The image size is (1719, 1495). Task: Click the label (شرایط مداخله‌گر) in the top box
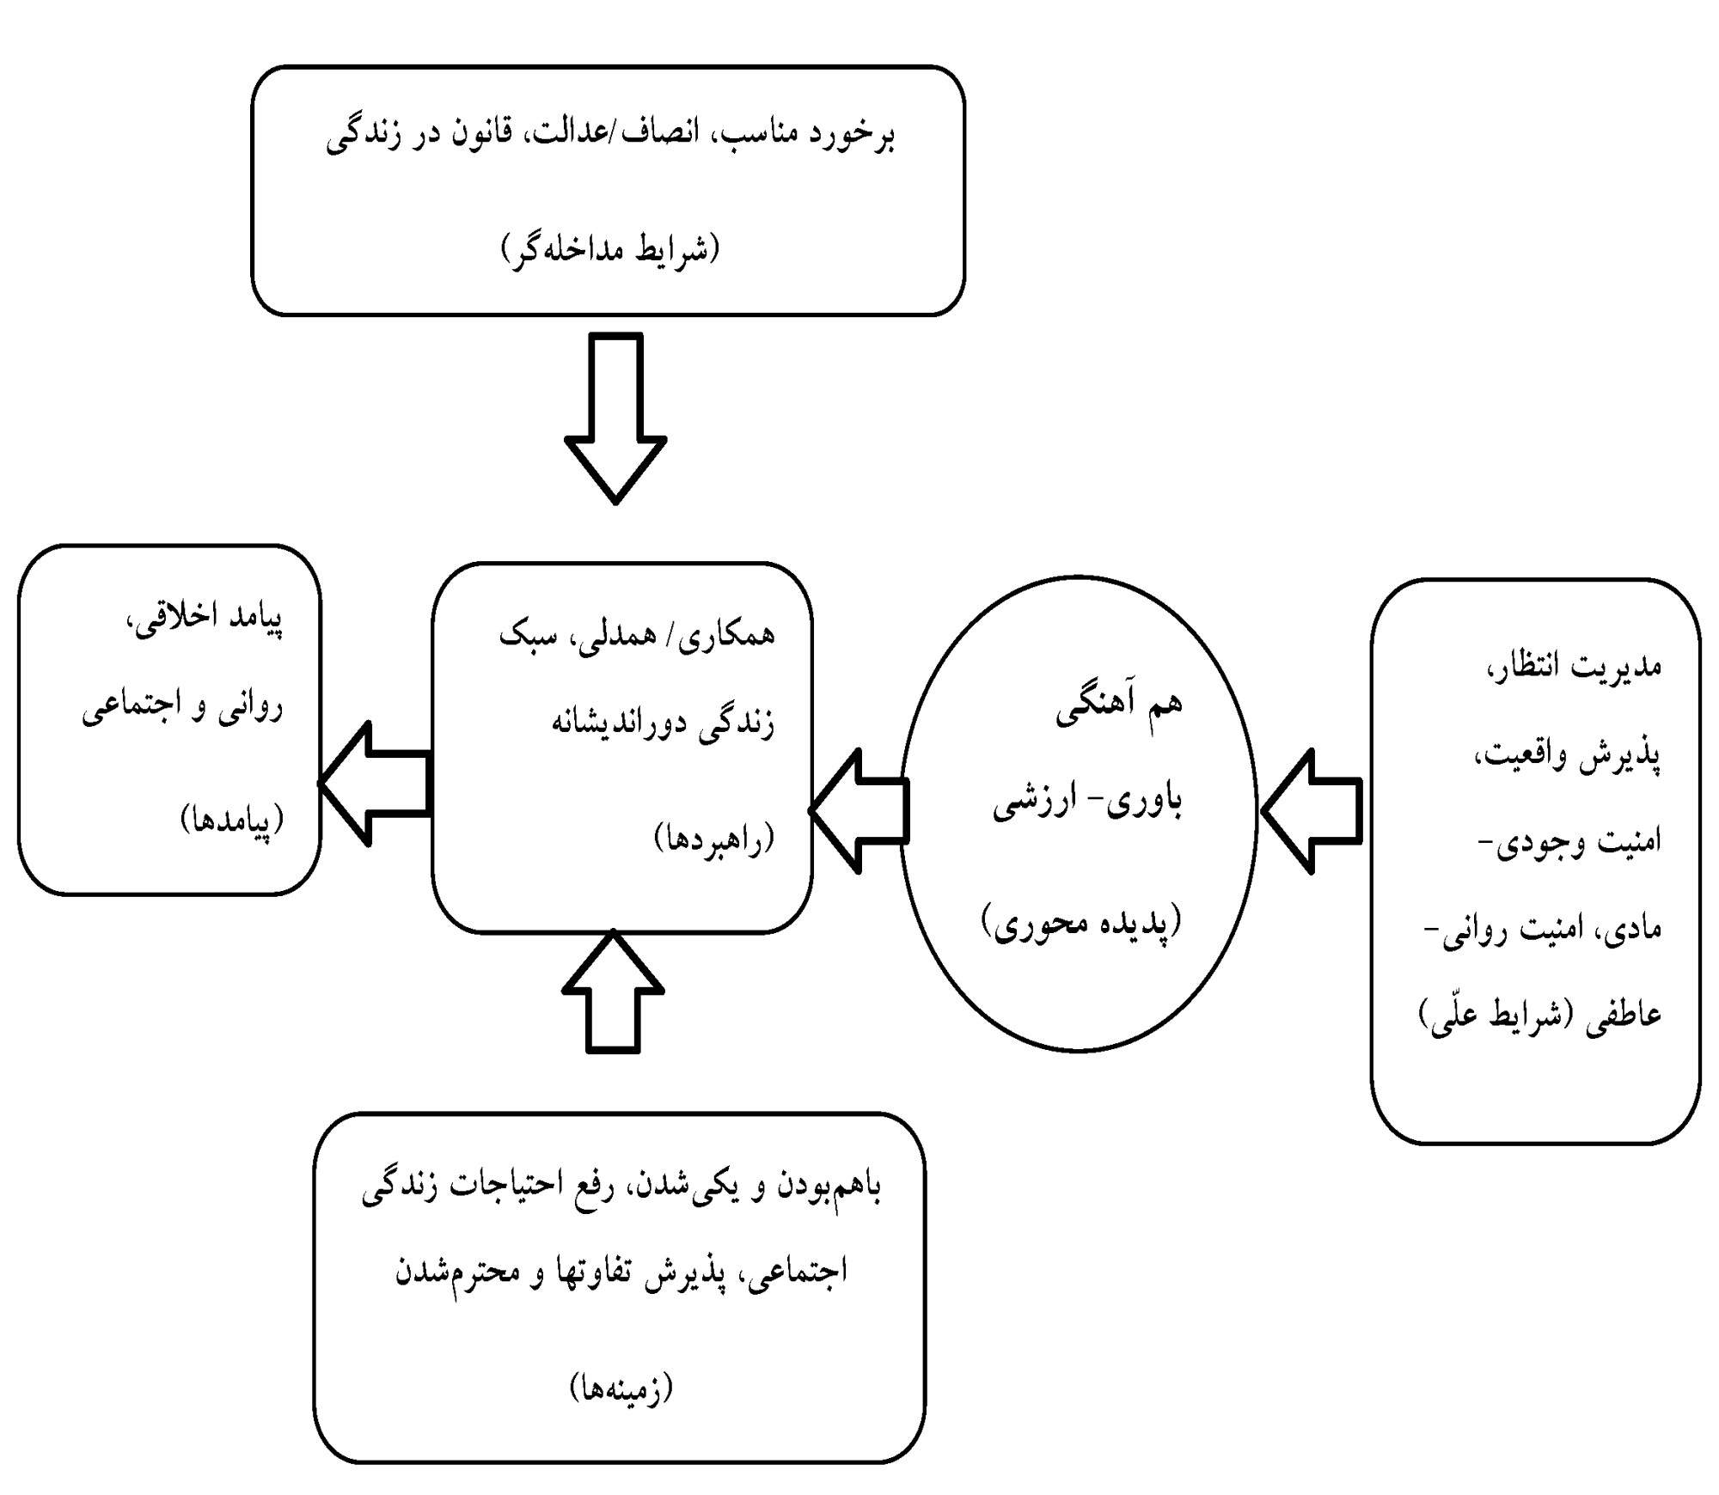pyautogui.click(x=610, y=249)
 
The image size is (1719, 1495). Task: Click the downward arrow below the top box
pyautogui.click(x=615, y=418)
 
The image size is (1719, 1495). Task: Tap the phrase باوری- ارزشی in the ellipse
pyautogui.click(x=1088, y=804)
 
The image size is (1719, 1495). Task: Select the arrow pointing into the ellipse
pyautogui.click(x=1312, y=811)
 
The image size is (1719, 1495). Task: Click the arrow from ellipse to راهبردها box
pyautogui.click(x=859, y=811)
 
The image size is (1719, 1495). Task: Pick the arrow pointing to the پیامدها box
pyautogui.click(x=375, y=783)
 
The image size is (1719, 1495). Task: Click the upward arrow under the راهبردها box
pyautogui.click(x=613, y=992)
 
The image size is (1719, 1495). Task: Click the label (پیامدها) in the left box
pyautogui.click(x=232, y=821)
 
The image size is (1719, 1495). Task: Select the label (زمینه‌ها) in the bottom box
pyautogui.click(x=621, y=1388)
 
